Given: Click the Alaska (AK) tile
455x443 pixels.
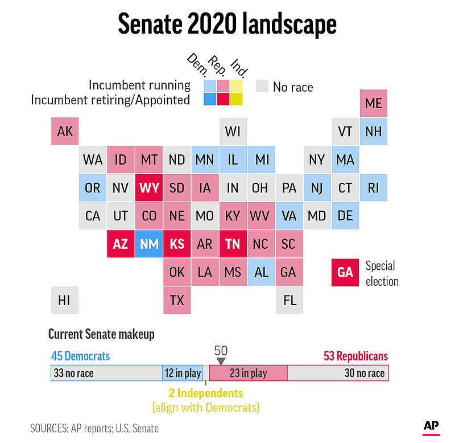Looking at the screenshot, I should coord(65,132).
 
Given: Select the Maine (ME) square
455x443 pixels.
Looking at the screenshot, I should coord(374,104).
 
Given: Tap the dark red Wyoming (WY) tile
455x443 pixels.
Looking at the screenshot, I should coord(149,188).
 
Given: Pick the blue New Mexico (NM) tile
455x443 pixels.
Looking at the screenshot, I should coord(149,244).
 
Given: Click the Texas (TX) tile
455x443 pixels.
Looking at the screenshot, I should coord(177,300).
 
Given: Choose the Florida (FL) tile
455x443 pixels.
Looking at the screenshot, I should coord(289,300).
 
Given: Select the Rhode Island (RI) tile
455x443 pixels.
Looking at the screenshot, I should coord(374,188).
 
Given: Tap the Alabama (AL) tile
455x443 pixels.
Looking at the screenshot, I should coord(262,272).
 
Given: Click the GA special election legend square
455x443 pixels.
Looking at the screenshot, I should coord(345,272).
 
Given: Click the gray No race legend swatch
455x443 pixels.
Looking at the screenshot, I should coord(262,87).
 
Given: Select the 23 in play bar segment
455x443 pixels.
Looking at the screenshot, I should coord(248,374).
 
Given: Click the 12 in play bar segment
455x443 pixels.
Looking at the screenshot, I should coord(183,374).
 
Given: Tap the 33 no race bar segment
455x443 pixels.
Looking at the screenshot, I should coord(106,374).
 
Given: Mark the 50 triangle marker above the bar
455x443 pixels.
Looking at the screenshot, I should coord(221,361).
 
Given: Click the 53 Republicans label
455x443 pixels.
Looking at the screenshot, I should coord(352,356).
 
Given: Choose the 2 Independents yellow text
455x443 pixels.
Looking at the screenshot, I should coord(205,393).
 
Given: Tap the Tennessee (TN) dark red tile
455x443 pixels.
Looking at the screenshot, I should coord(233,244).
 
